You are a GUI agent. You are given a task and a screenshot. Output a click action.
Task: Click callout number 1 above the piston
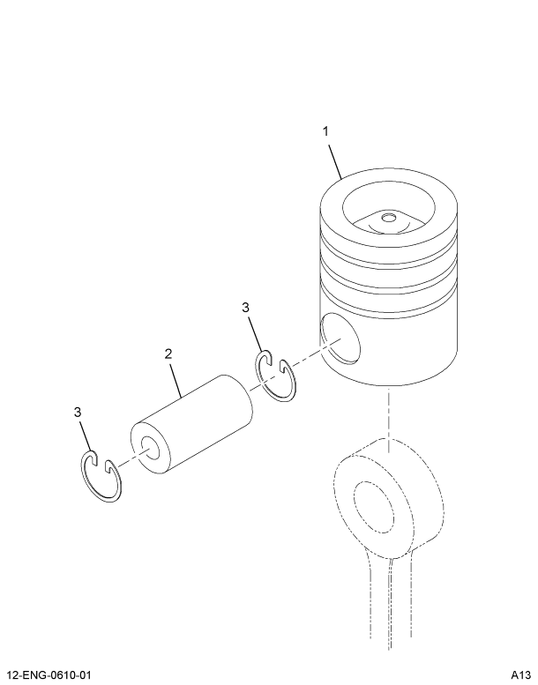[325, 131]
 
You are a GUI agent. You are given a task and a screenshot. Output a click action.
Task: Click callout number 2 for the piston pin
[168, 354]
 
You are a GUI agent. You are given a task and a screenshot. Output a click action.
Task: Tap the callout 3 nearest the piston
[246, 307]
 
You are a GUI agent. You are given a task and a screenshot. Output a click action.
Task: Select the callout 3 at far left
[78, 413]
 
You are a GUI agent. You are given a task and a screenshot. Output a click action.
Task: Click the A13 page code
[519, 675]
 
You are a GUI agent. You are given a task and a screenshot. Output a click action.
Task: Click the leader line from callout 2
[176, 377]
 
